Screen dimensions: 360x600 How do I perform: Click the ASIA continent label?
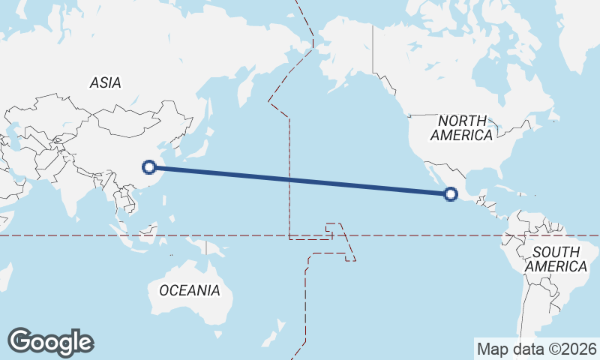coord(105,83)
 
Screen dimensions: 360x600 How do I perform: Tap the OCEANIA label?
coord(189,290)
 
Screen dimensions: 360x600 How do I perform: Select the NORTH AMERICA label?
coord(462,128)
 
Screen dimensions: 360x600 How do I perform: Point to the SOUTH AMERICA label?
coord(556,259)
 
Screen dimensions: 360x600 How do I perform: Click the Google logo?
coord(51,342)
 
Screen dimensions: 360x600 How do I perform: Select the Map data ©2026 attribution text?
coord(537,349)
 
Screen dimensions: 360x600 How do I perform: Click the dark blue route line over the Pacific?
coord(300,181)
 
